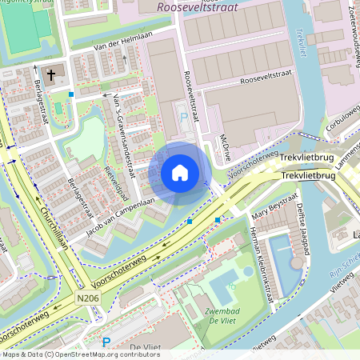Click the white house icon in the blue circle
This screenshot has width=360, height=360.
click(180, 173)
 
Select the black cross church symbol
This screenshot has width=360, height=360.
click(50, 76)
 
